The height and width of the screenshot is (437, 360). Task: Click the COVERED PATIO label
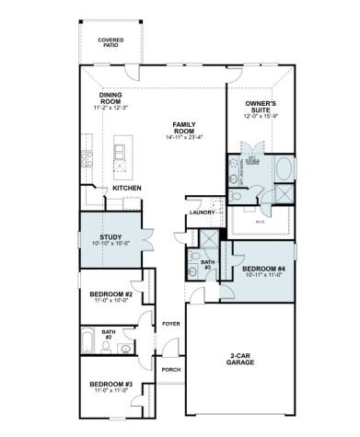(x=116, y=42)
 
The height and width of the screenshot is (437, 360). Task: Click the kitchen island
(x=122, y=153)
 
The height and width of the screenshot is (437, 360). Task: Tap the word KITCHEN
(x=126, y=189)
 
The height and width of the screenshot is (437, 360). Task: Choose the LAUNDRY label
(x=202, y=213)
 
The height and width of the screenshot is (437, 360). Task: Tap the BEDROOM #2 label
(x=111, y=294)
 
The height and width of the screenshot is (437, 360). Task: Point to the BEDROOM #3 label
(x=111, y=385)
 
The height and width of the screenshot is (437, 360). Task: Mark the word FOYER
(x=171, y=324)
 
